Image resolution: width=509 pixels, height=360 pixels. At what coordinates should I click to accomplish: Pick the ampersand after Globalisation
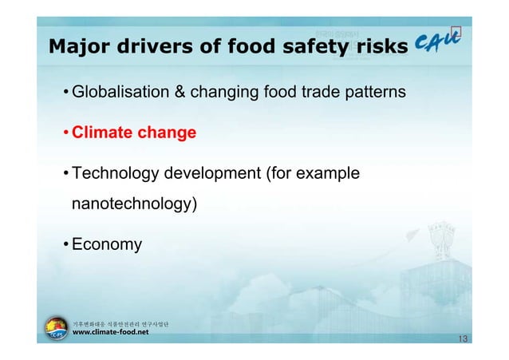pos(180,93)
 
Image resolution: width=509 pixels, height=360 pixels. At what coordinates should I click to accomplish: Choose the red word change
pos(168,133)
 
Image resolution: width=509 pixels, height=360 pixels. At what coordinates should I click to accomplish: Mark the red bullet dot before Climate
pos(65,133)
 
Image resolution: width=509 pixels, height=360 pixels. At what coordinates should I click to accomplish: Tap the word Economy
pos(107,244)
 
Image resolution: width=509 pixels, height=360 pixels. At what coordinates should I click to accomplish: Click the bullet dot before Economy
pos(65,244)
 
